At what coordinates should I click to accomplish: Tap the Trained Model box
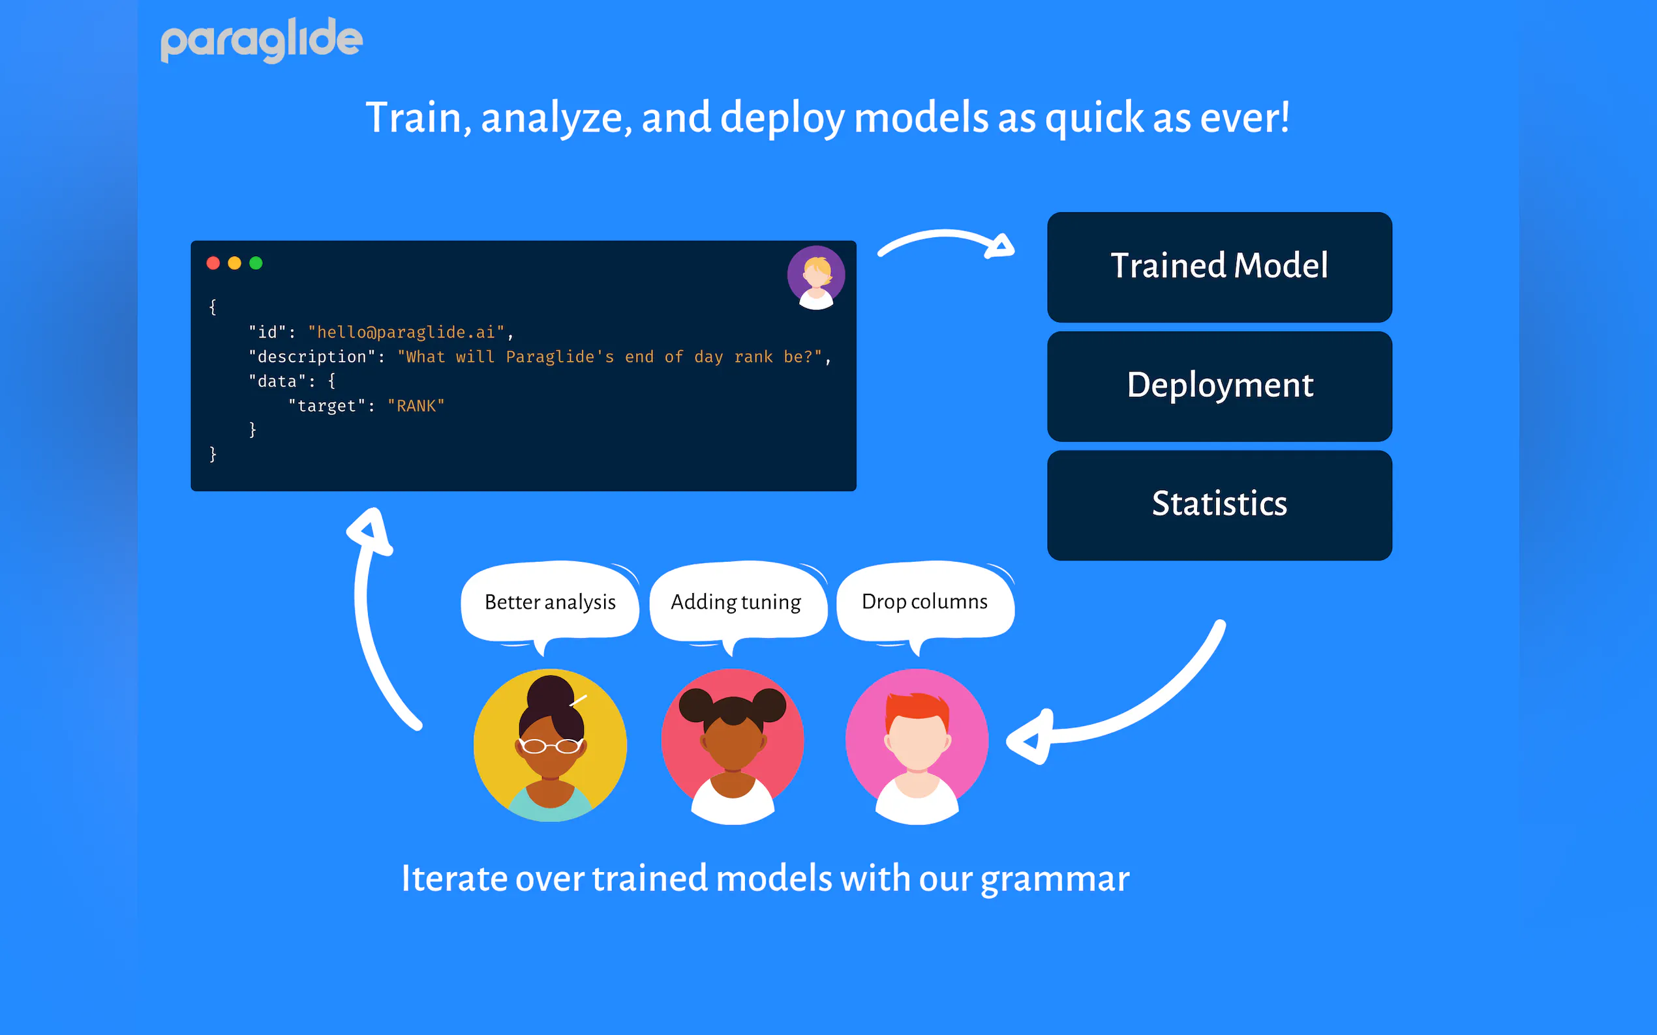coord(1219,267)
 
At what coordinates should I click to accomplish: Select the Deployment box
coord(1219,385)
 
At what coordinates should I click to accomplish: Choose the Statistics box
coord(1219,504)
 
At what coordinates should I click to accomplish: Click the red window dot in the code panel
coord(213,263)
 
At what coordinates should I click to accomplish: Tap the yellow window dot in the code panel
coord(234,263)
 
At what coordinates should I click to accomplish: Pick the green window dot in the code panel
coord(256,263)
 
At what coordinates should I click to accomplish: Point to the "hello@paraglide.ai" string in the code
coord(406,332)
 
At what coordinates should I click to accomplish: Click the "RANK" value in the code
coord(416,406)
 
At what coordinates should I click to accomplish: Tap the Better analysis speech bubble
coord(550,602)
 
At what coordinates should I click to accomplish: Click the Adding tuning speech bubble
coord(737,602)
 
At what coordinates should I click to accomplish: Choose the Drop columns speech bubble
coord(925,601)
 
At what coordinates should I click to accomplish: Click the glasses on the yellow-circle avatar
coord(550,746)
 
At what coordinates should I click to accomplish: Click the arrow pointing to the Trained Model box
coord(945,243)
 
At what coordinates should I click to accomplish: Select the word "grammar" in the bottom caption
coord(1055,879)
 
